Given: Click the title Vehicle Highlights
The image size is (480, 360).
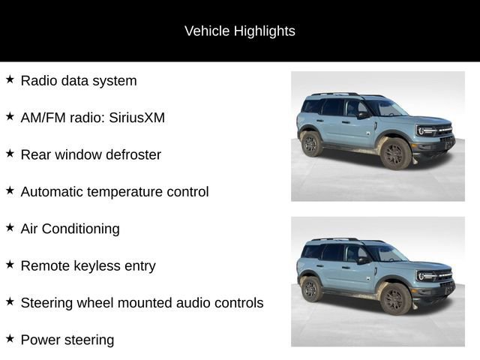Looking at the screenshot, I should point(240,31).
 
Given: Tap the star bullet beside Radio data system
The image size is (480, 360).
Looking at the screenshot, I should point(10,79).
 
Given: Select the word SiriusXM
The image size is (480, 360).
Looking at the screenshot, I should point(136,118).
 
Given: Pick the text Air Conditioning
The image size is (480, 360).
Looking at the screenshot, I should point(70,229).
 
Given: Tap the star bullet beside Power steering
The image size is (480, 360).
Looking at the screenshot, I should point(10,339).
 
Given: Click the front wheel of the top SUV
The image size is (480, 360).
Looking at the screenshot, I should point(394,154).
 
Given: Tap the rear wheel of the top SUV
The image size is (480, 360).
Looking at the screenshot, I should point(311,142).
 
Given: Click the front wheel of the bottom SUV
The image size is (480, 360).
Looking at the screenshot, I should point(394,299).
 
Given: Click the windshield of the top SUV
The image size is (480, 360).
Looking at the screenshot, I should point(386,109).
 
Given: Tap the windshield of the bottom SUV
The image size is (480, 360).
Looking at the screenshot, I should point(386,253).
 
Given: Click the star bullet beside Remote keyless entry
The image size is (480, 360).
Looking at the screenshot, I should point(10,265).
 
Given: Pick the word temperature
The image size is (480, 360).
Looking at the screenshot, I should point(137,191).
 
